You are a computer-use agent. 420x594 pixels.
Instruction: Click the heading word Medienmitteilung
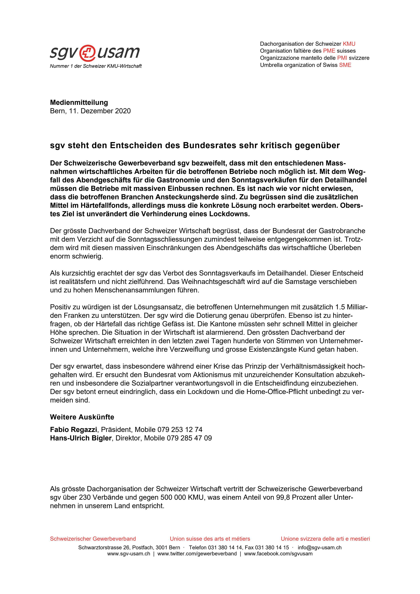click(79, 102)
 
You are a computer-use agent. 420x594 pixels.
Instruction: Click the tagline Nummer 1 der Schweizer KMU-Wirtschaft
click(96, 66)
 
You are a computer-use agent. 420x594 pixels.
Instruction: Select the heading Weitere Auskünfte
click(82, 417)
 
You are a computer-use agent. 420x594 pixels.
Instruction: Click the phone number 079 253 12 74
click(180, 430)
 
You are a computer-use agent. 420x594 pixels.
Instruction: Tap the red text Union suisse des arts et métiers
click(210, 539)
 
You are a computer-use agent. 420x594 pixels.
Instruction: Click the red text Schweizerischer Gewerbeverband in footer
click(93, 539)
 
